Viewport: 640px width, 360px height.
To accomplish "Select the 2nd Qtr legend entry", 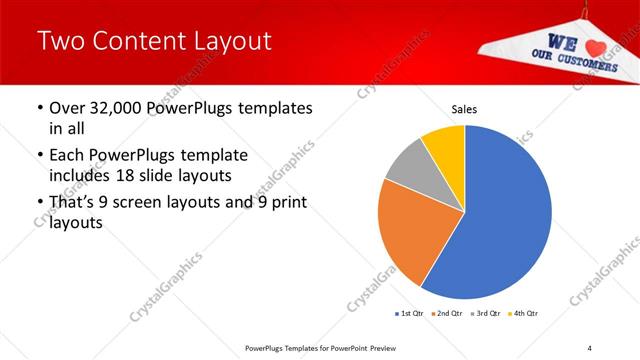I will pyautogui.click(x=447, y=314).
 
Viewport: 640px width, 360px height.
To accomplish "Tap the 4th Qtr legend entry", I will pyautogui.click(x=525, y=314).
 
